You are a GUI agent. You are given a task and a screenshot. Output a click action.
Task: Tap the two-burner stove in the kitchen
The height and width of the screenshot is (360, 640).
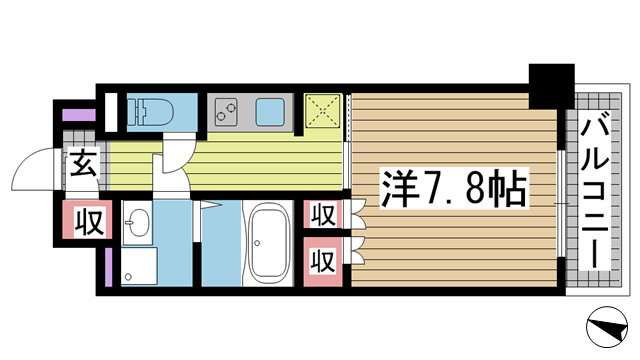click(x=227, y=110)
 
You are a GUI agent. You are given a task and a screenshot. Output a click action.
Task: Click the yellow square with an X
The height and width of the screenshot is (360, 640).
click(x=323, y=109)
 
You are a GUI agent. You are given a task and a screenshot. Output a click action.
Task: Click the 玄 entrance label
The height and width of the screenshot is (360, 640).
click(x=85, y=162)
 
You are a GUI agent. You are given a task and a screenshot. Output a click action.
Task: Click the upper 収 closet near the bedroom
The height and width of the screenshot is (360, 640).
click(x=321, y=215)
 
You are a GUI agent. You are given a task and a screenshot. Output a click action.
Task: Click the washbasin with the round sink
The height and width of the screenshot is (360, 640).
click(x=137, y=221)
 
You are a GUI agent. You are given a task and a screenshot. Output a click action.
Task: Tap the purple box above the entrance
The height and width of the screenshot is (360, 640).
click(x=77, y=111)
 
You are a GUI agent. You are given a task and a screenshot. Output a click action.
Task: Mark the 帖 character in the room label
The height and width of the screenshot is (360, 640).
click(x=509, y=187)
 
